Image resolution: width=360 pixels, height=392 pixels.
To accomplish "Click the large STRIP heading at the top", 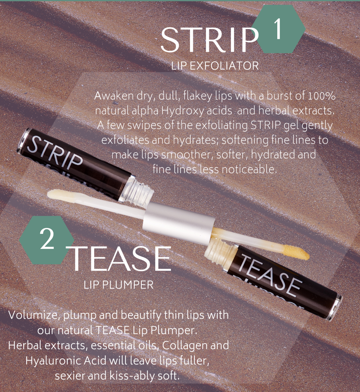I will click(209, 40).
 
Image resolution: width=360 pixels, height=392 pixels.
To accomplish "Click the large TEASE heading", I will click(120, 259).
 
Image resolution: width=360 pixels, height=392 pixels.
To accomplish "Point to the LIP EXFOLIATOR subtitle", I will click(215, 66).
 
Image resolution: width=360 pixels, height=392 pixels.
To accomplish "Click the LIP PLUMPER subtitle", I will click(118, 285).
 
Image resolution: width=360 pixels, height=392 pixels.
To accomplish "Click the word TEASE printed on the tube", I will click(270, 273).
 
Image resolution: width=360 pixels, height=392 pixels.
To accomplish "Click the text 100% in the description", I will click(322, 96).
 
